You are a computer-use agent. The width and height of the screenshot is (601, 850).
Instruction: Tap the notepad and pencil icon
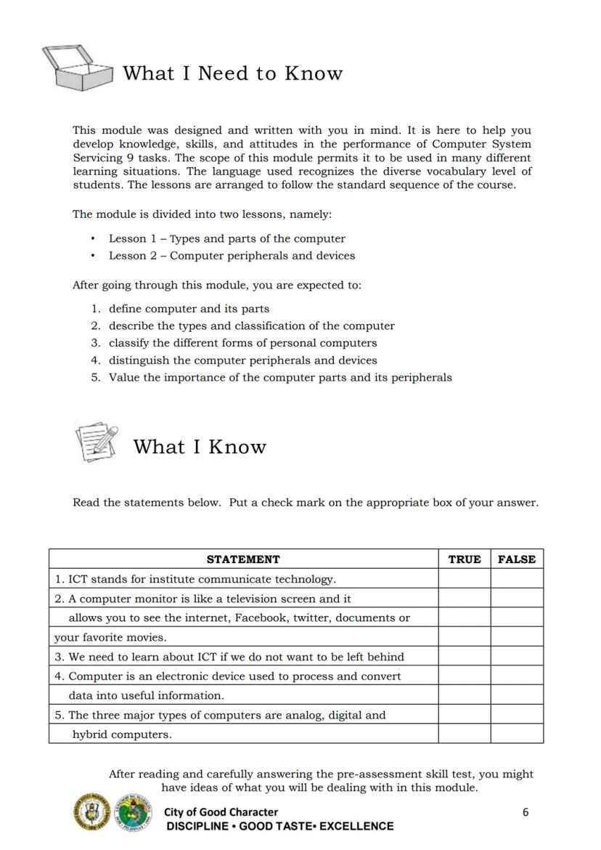tap(97, 442)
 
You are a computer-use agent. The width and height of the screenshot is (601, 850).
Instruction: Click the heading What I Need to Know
tap(232, 73)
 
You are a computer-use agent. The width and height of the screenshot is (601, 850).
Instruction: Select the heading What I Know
tap(200, 447)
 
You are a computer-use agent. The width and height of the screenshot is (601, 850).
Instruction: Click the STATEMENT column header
tap(243, 559)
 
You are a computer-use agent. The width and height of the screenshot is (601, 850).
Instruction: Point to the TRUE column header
tap(464, 559)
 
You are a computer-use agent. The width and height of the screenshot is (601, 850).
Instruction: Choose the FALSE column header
tap(516, 559)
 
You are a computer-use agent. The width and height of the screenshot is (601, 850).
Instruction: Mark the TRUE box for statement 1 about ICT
tap(464, 579)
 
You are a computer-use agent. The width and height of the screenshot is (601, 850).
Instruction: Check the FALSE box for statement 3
tap(516, 656)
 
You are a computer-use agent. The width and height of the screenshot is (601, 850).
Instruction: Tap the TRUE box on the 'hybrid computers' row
tap(464, 734)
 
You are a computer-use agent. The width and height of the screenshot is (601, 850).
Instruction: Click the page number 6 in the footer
tap(526, 812)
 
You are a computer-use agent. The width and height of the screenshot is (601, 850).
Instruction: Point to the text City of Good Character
tap(221, 812)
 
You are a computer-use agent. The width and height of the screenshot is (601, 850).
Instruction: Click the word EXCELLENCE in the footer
tap(356, 826)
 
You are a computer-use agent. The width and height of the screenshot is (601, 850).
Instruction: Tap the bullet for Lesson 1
tap(93, 239)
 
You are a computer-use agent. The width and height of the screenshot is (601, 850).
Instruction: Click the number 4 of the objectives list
tap(95, 360)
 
